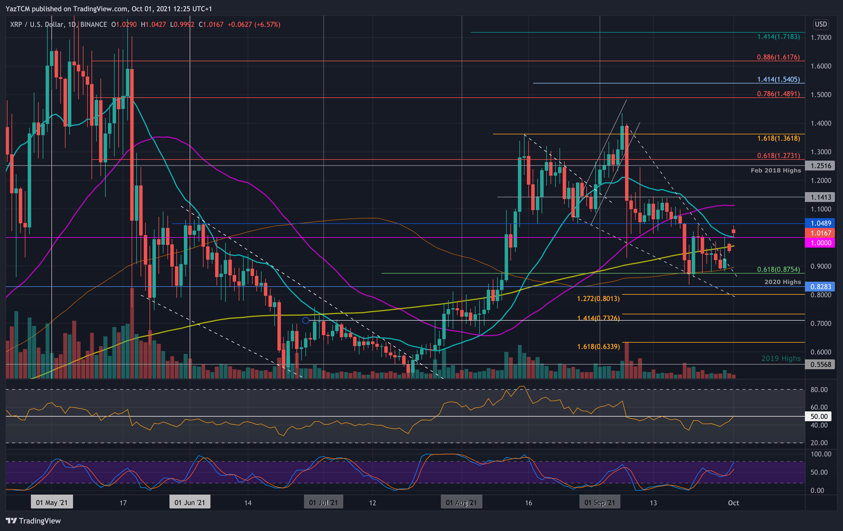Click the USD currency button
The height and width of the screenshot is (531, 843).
click(x=820, y=24)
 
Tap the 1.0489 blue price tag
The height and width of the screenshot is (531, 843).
click(x=820, y=223)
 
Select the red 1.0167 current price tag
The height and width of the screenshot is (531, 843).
click(x=820, y=233)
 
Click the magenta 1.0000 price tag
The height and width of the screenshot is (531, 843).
click(x=820, y=243)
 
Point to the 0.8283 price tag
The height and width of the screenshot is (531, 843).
click(x=820, y=287)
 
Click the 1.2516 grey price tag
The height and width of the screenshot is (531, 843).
click(x=820, y=166)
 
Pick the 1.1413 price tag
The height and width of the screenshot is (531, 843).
click(x=820, y=197)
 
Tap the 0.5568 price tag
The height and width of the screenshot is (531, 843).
click(x=820, y=364)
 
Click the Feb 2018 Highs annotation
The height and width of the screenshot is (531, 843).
click(x=775, y=170)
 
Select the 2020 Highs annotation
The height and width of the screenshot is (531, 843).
click(x=782, y=282)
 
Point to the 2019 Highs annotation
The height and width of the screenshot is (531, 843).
click(x=781, y=358)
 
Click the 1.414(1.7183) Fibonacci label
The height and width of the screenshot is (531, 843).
click(x=778, y=37)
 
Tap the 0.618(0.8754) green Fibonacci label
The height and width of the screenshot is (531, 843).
click(x=778, y=269)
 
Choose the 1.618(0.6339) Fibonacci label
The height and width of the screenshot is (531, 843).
click(x=598, y=346)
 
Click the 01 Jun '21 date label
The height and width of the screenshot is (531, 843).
click(x=189, y=503)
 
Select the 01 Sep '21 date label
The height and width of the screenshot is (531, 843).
click(x=599, y=503)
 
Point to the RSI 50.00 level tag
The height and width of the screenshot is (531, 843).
click(x=819, y=417)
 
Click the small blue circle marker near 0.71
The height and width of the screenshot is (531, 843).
click(x=306, y=320)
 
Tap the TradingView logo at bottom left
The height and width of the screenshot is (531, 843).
click(x=33, y=521)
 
